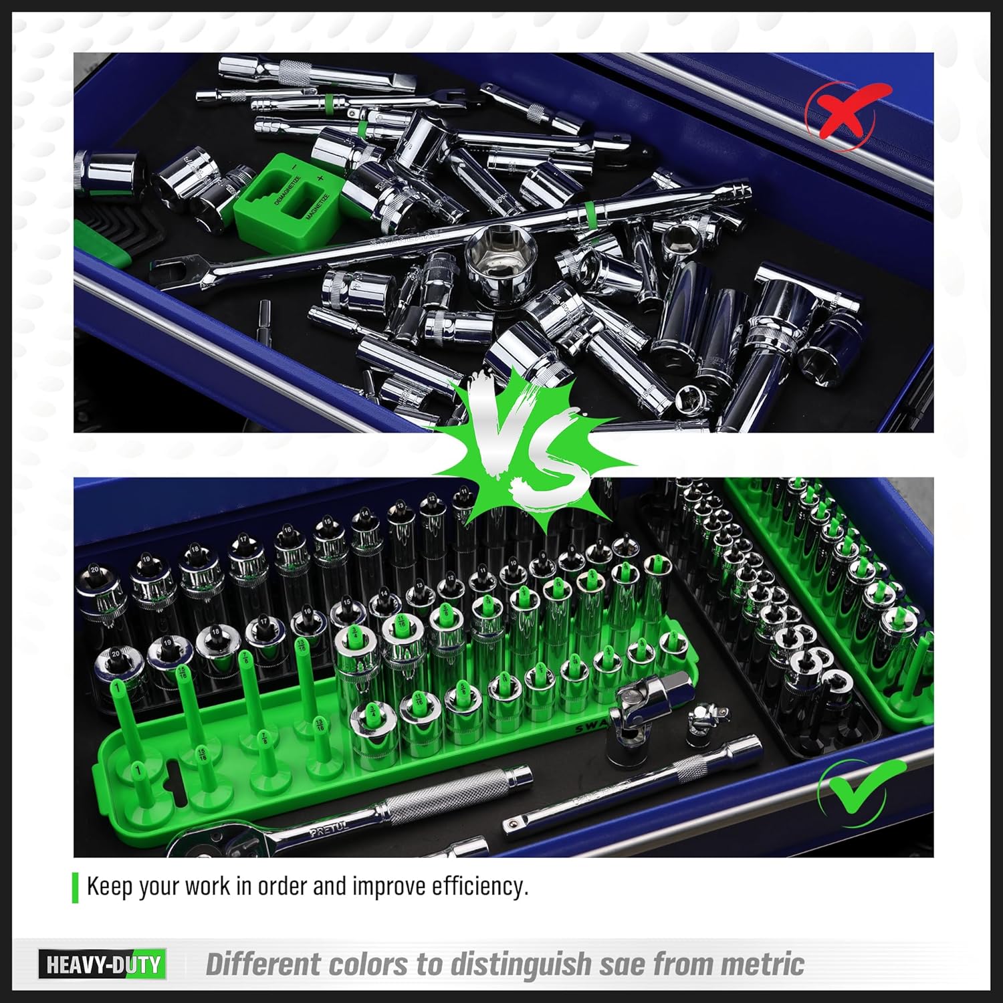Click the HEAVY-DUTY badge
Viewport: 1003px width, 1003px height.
pyautogui.click(x=102, y=964)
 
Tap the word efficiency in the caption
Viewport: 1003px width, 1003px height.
pyautogui.click(x=479, y=886)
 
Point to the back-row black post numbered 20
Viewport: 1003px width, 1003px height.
pyautogui.click(x=94, y=570)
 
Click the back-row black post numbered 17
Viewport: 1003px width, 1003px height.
pyautogui.click(x=243, y=540)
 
